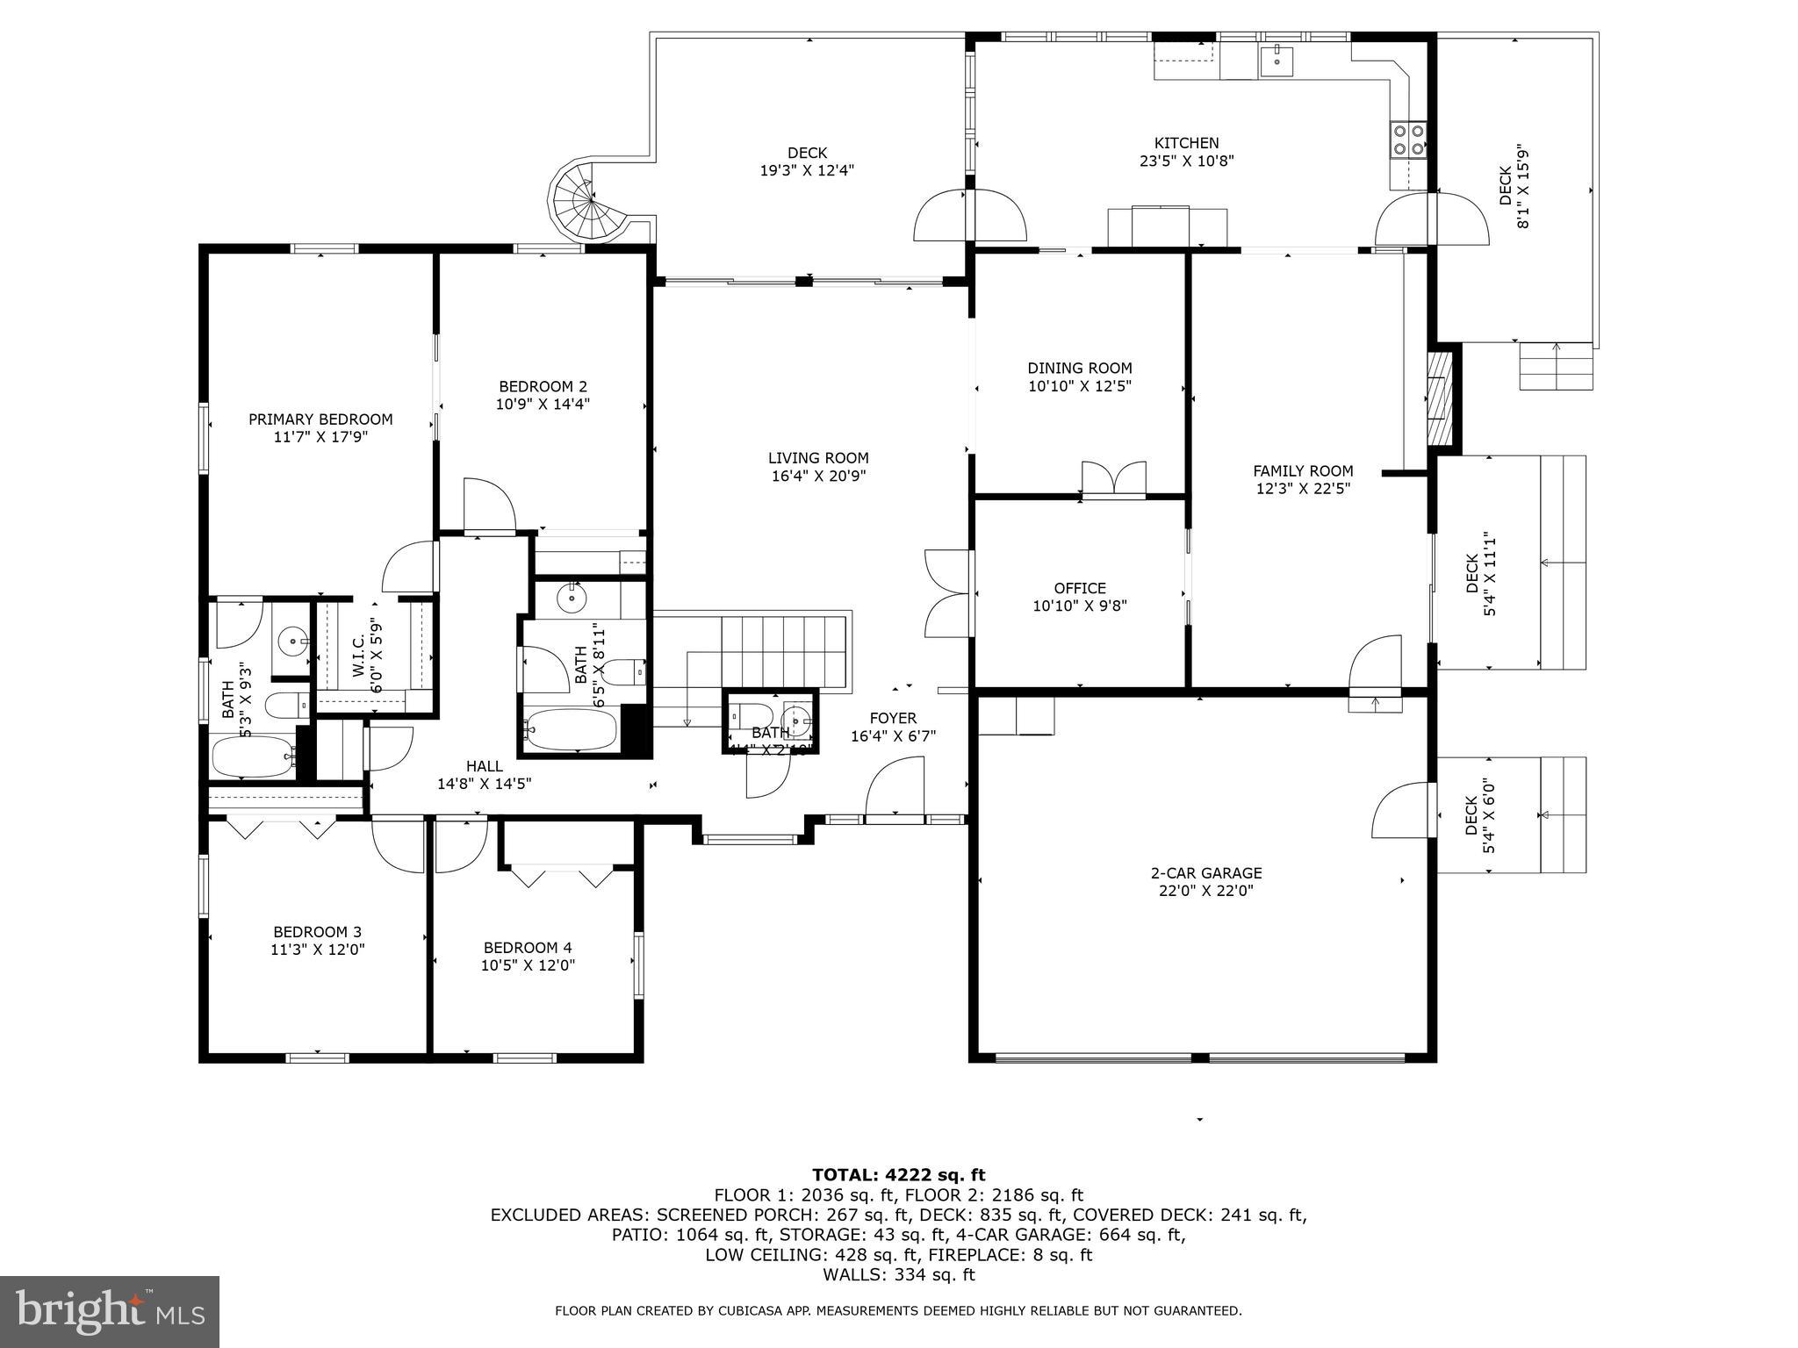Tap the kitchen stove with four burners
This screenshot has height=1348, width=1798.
[x=1407, y=140]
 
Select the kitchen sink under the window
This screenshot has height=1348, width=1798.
[x=1276, y=60]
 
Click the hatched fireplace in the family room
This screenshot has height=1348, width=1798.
[x=1440, y=398]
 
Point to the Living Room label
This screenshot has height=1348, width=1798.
[x=818, y=458]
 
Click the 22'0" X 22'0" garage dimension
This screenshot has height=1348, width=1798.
[x=1206, y=891]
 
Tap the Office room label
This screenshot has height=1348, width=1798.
[x=1080, y=588]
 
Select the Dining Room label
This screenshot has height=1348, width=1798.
[x=1080, y=369]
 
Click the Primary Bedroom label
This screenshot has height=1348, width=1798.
[x=320, y=419]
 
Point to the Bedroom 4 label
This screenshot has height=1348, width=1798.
[x=528, y=948]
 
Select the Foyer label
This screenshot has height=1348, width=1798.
[x=894, y=718]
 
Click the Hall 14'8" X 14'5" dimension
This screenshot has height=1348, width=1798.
[x=485, y=784]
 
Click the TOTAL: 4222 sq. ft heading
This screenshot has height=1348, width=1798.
[x=898, y=1175]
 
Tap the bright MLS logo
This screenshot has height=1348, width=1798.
[x=110, y=1311]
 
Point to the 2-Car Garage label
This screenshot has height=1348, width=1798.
[x=1206, y=872]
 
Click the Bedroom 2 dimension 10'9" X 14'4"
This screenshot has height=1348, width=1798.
[x=543, y=405]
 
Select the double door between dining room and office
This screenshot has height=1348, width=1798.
[x=1113, y=480]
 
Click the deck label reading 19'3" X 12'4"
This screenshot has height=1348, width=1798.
[x=807, y=170]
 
